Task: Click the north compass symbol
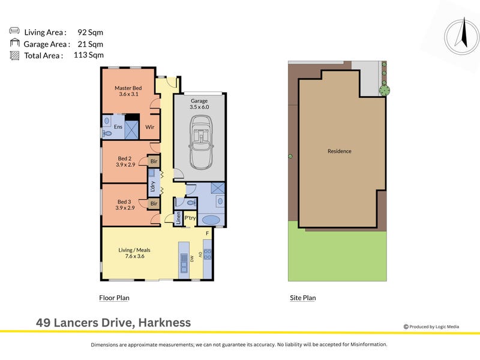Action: click(461, 35)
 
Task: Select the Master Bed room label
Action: click(127, 88)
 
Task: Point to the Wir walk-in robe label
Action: click(150, 127)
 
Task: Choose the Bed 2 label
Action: click(125, 158)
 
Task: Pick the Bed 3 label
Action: click(124, 202)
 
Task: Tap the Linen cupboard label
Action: click(179, 217)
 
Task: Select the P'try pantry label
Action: click(191, 217)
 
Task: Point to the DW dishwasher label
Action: click(193, 258)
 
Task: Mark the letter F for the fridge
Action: click(207, 233)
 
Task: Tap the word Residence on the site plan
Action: click(340, 151)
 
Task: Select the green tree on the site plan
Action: click(384, 91)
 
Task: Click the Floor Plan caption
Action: click(114, 298)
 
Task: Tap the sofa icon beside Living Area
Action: click(14, 31)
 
